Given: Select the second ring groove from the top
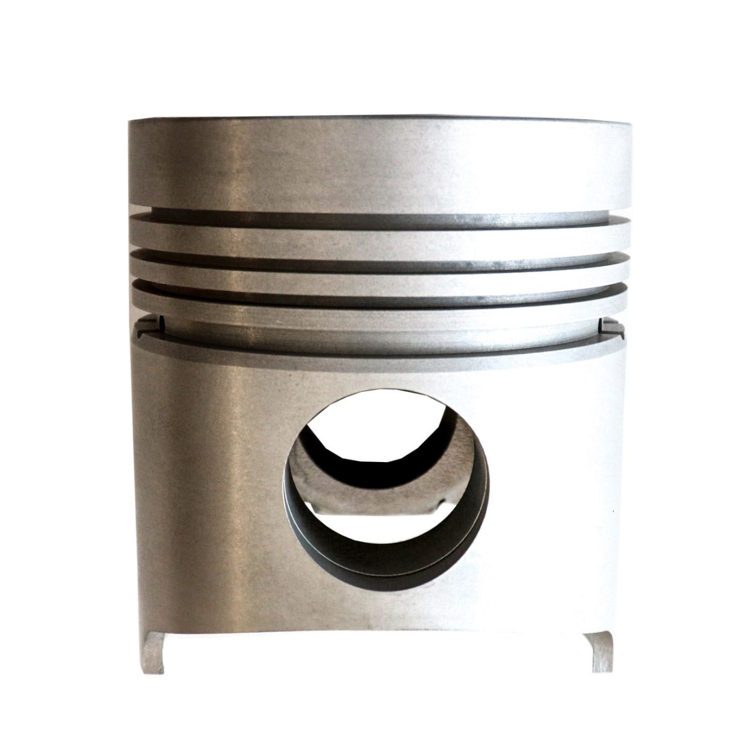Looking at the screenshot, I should coord(378,256).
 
